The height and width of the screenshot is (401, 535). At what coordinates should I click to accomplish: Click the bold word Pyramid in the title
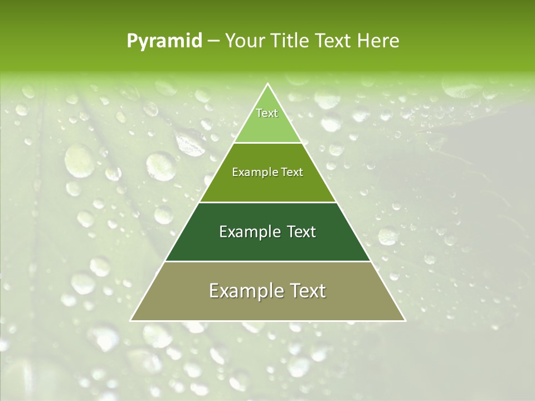[164, 41]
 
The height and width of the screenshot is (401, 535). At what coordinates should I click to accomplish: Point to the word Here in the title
[378, 41]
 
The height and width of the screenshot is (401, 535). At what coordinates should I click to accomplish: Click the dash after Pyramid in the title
[213, 41]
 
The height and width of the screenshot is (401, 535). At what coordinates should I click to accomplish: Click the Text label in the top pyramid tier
[267, 113]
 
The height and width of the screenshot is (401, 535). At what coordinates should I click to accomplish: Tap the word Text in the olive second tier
[291, 172]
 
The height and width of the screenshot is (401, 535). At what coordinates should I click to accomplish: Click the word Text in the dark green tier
[301, 232]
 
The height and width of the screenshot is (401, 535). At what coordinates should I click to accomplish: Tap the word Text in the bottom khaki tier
[307, 291]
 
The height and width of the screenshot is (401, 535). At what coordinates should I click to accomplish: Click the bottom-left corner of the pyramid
[130, 321]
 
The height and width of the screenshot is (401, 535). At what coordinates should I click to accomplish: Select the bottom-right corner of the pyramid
[405, 321]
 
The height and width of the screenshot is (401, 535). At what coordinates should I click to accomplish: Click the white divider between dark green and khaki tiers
[268, 261]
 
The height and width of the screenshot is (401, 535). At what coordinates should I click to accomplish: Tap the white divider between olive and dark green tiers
[268, 202]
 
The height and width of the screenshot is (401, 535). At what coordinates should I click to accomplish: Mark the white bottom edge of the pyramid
[268, 321]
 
